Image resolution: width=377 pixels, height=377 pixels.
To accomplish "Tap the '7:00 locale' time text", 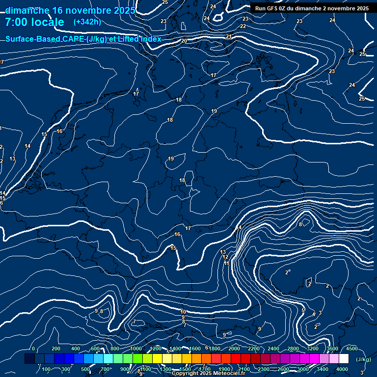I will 34,22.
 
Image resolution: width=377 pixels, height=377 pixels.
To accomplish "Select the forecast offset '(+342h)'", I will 87,22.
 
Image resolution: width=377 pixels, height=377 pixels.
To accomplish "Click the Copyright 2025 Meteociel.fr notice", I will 208,374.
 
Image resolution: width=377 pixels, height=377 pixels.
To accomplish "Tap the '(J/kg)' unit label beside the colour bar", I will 363,359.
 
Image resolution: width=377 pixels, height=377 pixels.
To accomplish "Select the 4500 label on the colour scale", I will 351,349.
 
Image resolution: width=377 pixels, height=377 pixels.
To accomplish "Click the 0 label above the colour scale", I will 33,349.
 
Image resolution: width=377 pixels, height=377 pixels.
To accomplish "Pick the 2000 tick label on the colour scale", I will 234,349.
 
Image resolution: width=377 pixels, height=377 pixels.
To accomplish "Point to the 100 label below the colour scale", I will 46,369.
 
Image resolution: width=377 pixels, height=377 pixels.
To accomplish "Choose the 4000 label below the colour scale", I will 342,369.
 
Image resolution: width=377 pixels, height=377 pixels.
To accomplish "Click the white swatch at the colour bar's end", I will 344,359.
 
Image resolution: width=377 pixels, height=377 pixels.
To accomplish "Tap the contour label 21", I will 229,37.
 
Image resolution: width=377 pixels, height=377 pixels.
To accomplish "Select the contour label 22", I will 243,26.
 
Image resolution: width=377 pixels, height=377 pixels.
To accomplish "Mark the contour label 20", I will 184,41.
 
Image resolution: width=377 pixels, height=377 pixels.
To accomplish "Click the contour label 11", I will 226,263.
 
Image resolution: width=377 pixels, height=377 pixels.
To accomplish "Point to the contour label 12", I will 225,257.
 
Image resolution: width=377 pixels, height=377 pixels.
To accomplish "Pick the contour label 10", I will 183,312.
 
